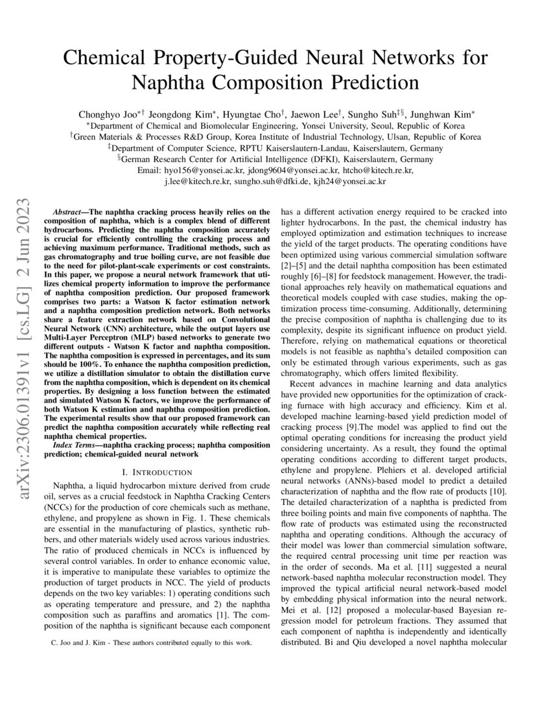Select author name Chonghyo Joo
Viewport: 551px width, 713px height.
108,113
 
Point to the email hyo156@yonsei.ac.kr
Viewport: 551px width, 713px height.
203,170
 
